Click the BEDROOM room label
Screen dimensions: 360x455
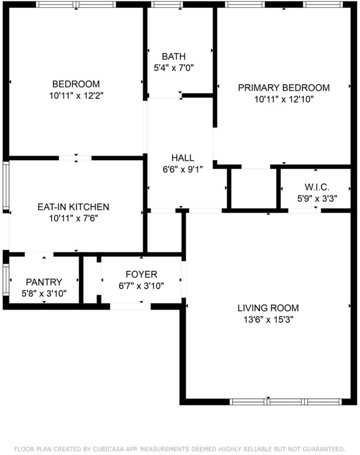[x=76, y=84]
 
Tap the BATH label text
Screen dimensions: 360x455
[x=174, y=56]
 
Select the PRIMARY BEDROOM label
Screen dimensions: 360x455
[x=284, y=88]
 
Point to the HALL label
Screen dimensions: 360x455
[x=183, y=158]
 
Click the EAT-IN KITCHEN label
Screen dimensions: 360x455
[x=73, y=207]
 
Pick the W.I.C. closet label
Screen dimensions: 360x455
[x=317, y=187]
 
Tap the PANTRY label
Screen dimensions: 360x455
[x=44, y=282]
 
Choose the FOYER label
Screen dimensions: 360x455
[x=141, y=274]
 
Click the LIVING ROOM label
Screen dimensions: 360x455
[x=268, y=308]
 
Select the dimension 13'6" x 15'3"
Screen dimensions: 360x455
[x=268, y=320]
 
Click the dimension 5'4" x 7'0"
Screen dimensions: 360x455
[x=174, y=68]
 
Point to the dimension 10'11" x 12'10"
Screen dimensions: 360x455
[x=284, y=99]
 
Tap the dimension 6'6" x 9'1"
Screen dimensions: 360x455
[x=183, y=169]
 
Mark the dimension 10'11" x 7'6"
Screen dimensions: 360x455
[x=73, y=218]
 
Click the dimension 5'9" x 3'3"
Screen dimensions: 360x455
[x=317, y=199]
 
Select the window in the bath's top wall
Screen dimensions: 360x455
[x=167, y=4]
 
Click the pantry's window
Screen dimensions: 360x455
[x=6, y=279]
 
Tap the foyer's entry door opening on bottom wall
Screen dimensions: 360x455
[x=130, y=307]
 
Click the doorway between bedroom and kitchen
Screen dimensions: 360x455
[x=75, y=158]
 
